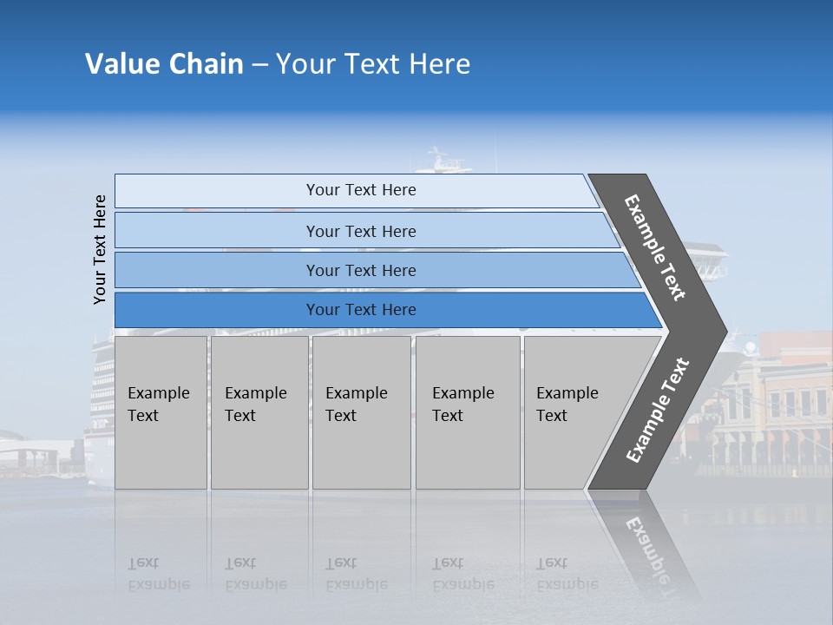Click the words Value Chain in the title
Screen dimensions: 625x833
[164, 64]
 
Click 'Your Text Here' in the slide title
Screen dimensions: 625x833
[373, 64]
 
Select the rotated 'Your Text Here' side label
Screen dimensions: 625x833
[100, 249]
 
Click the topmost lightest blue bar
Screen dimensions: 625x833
[360, 190]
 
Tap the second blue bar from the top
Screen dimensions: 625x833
[360, 231]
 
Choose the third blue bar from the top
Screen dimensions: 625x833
[360, 270]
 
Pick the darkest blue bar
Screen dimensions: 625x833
[360, 310]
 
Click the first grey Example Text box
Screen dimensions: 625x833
[161, 412]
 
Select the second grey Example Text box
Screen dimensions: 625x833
[259, 412]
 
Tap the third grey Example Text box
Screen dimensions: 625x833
[360, 412]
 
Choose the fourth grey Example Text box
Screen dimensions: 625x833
[467, 412]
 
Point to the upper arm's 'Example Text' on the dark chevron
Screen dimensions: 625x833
[655, 247]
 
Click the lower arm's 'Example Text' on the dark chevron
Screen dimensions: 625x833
[657, 411]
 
